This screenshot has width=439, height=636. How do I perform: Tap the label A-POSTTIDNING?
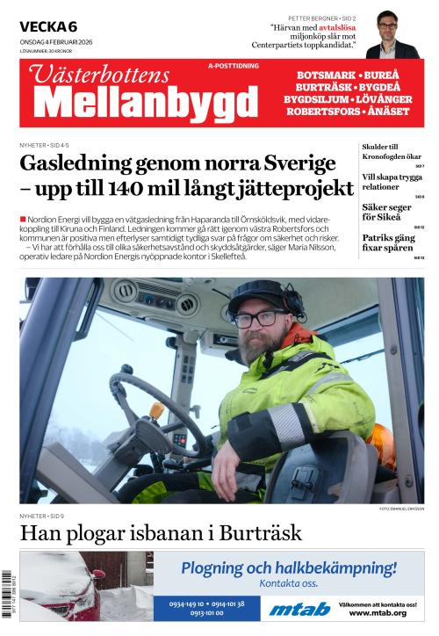click(x=233, y=67)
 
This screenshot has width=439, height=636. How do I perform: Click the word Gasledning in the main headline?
click(x=80, y=164)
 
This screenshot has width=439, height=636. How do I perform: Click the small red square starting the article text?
click(x=22, y=218)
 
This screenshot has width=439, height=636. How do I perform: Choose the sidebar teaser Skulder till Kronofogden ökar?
click(x=380, y=152)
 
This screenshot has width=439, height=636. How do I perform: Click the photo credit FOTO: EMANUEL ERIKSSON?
click(x=401, y=509)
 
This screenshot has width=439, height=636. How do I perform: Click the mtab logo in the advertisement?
click(x=299, y=608)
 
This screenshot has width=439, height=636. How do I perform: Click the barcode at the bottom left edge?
click(x=7, y=597)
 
